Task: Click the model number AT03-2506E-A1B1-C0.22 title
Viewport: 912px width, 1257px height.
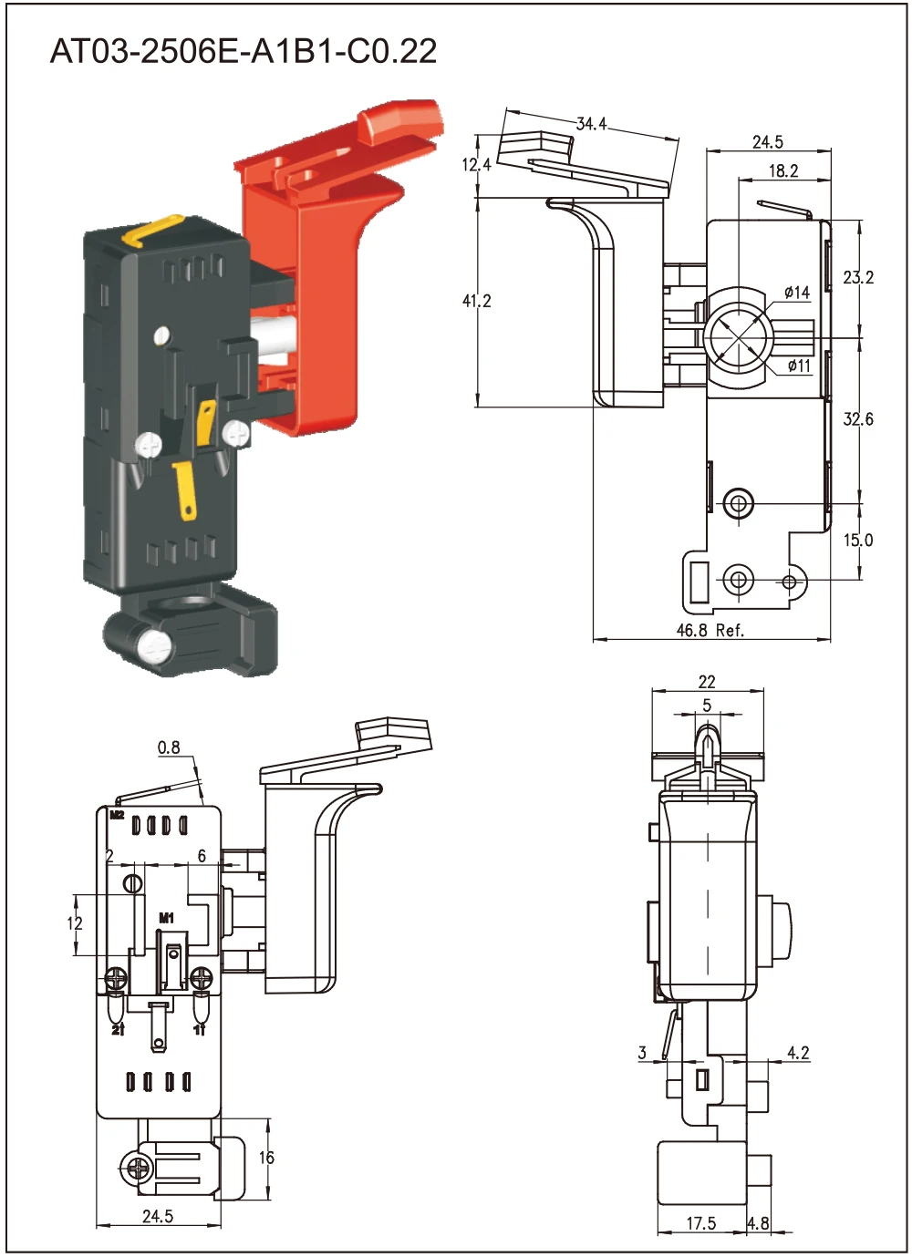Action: (x=244, y=51)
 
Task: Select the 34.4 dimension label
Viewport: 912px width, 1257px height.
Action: (x=591, y=124)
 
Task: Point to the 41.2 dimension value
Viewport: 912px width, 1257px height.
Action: (x=476, y=301)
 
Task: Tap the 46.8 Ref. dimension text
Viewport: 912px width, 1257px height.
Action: (x=710, y=630)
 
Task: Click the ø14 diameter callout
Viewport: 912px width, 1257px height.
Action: (x=796, y=293)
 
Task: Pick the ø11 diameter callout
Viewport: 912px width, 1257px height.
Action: (x=798, y=366)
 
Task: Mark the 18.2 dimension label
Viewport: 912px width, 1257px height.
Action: (x=782, y=170)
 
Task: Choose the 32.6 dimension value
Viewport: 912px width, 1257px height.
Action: (x=857, y=419)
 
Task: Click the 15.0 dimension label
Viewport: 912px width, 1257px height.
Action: (x=857, y=541)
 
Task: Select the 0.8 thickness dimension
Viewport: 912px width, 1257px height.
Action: (x=169, y=747)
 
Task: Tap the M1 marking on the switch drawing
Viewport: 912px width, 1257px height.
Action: (x=166, y=918)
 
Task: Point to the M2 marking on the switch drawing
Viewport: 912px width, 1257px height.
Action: (x=117, y=815)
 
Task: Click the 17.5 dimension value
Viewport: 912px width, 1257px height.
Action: (x=700, y=1223)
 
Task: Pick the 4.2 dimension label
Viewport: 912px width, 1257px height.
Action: (x=798, y=1053)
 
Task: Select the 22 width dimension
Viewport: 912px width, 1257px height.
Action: (x=707, y=682)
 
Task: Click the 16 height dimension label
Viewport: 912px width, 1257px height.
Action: (x=265, y=1158)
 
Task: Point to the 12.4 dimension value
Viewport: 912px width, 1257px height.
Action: (x=476, y=165)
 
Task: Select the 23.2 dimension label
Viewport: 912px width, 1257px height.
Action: (x=857, y=277)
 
